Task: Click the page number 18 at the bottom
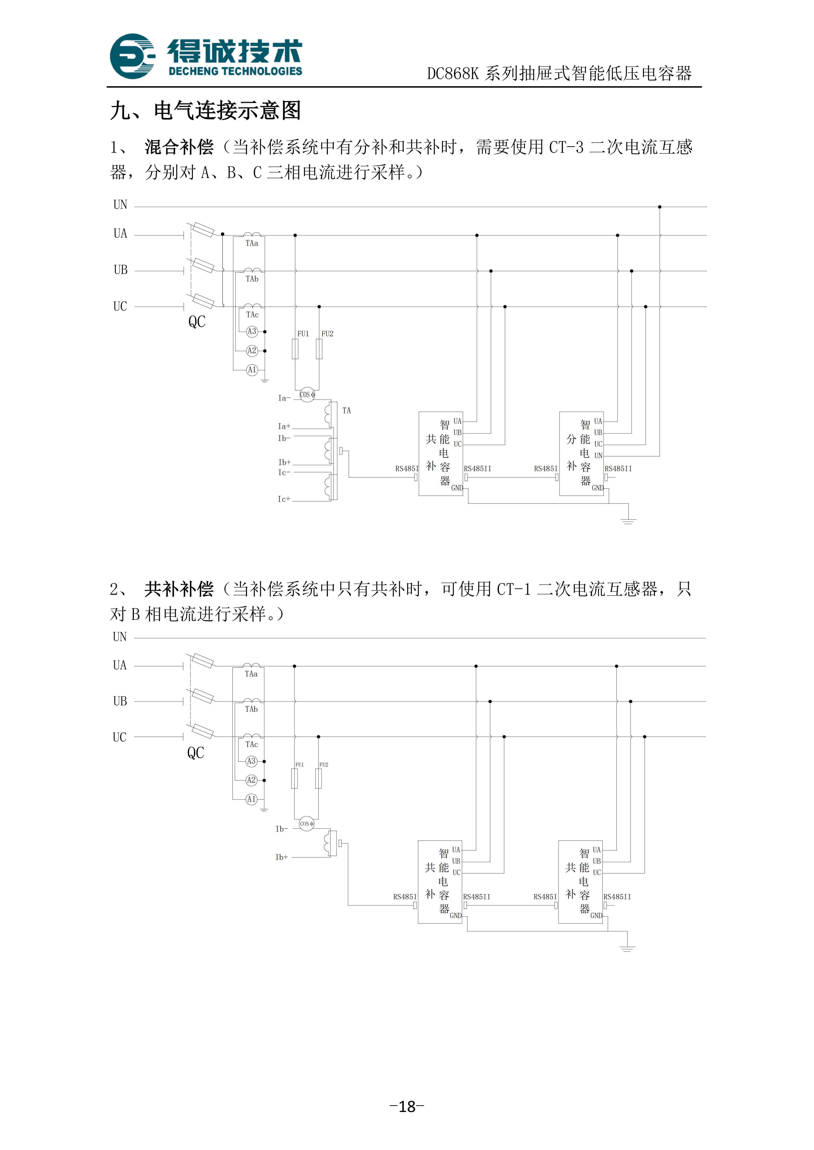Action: tap(407, 1106)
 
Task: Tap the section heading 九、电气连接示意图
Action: tap(206, 110)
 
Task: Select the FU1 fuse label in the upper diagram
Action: tap(303, 334)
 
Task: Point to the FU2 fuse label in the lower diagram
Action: tap(324, 765)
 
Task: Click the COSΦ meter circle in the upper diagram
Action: tap(307, 395)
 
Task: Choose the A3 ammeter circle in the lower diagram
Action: tap(251, 761)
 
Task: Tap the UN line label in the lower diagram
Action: tap(120, 637)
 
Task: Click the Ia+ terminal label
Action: tap(284, 426)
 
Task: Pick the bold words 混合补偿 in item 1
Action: tap(179, 147)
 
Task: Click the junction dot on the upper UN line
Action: tap(660, 207)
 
